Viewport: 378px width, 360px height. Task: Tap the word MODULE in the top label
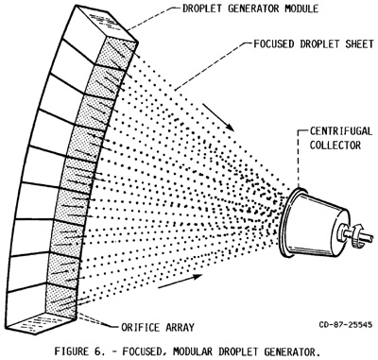coord(301,9)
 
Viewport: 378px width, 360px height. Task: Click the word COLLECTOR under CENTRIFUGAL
coord(335,146)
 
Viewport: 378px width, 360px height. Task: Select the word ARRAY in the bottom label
coord(180,327)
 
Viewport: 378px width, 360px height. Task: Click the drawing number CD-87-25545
coord(346,324)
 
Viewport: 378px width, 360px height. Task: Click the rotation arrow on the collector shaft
coord(356,235)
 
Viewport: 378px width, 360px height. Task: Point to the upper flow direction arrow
coord(217,117)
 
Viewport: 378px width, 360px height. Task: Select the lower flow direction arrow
coord(180,281)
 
